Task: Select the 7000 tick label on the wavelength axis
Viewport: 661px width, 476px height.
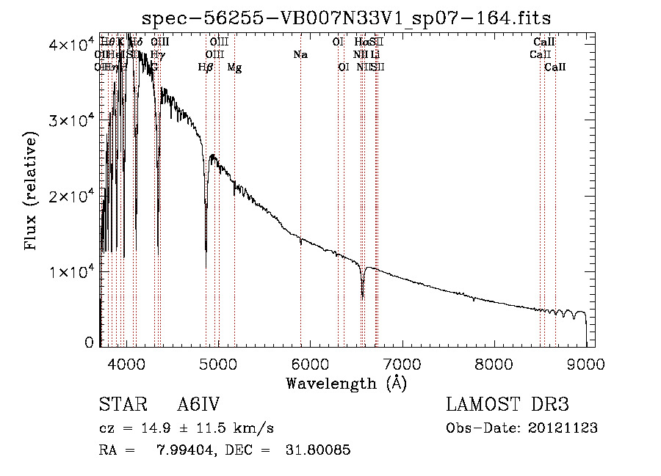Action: (x=402, y=364)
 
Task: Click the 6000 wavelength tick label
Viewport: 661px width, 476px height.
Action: (x=310, y=364)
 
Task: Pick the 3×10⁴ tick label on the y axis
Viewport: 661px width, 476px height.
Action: (x=73, y=120)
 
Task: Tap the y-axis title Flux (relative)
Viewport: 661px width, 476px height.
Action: (x=31, y=191)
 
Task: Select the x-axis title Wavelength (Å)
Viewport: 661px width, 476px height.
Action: (x=346, y=383)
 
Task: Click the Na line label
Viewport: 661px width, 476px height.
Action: (x=300, y=54)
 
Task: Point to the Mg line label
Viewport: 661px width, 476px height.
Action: (x=234, y=67)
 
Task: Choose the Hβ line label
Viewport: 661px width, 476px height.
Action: (x=206, y=67)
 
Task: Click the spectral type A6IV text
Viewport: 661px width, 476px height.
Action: (x=199, y=406)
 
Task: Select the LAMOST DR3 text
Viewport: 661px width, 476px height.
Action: (x=508, y=406)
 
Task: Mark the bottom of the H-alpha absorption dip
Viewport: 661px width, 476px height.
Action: (x=363, y=297)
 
